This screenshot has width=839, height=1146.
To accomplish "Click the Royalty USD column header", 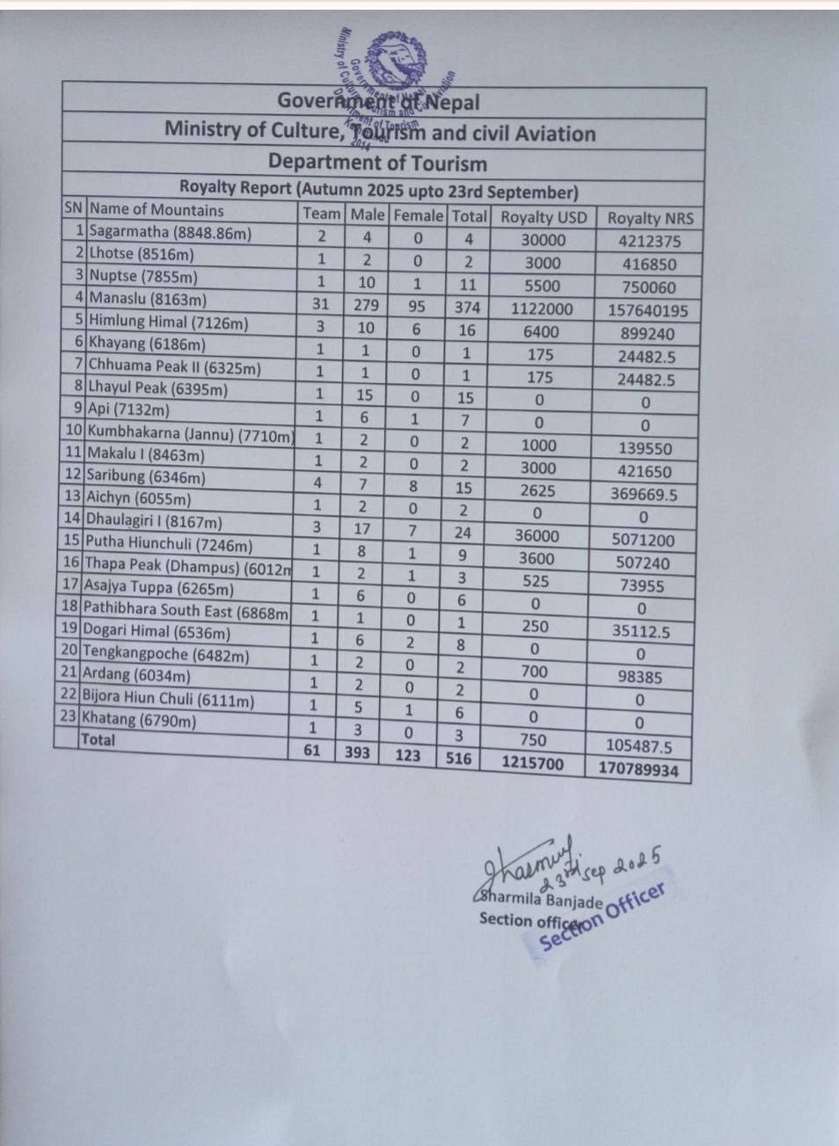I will click(x=543, y=217).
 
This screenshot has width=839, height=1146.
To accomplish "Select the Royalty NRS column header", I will click(x=650, y=219).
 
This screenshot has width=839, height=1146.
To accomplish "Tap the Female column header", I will click(x=418, y=215).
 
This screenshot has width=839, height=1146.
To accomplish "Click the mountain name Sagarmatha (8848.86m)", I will click(x=170, y=233).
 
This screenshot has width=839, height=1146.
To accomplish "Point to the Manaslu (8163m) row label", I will click(x=148, y=299).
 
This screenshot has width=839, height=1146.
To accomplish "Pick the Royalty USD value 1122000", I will click(x=541, y=308).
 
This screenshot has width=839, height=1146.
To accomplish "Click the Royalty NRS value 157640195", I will click(x=647, y=310).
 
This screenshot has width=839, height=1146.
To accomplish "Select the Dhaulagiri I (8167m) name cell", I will click(x=153, y=521).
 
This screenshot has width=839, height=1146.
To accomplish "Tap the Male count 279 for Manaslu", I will click(x=366, y=305).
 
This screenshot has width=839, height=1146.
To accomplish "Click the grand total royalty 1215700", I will click(x=532, y=763).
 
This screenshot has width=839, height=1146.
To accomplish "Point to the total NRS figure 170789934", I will click(x=638, y=769).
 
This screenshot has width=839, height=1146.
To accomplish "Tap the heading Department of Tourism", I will click(x=377, y=163).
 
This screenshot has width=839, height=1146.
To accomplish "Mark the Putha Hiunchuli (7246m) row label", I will click(x=168, y=543).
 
